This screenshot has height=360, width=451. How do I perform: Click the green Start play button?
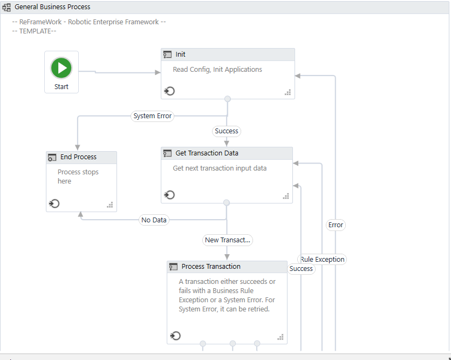(61, 68)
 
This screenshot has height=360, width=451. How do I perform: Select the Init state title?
(180, 55)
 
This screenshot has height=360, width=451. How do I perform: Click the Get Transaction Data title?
(207, 153)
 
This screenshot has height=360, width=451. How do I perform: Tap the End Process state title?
(78, 157)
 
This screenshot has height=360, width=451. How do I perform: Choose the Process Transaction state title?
(211, 267)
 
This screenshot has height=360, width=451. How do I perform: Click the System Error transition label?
(152, 116)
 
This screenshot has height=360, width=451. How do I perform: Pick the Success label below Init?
(226, 131)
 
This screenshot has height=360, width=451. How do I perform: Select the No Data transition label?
(154, 220)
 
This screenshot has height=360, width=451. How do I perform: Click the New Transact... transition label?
(227, 240)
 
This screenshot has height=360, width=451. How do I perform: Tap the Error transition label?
(336, 225)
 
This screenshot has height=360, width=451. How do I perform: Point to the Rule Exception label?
(323, 260)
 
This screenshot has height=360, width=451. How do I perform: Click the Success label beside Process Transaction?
(301, 269)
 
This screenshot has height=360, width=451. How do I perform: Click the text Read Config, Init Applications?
(217, 70)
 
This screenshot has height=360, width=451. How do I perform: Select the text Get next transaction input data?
(220, 168)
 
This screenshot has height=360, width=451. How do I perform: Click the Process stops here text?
(78, 176)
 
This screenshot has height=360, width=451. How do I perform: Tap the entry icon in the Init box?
(169, 91)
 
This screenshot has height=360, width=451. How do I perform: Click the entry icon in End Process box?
(54, 203)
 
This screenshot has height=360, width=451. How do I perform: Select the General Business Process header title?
(52, 7)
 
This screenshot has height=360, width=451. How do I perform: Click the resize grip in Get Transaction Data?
(286, 196)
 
